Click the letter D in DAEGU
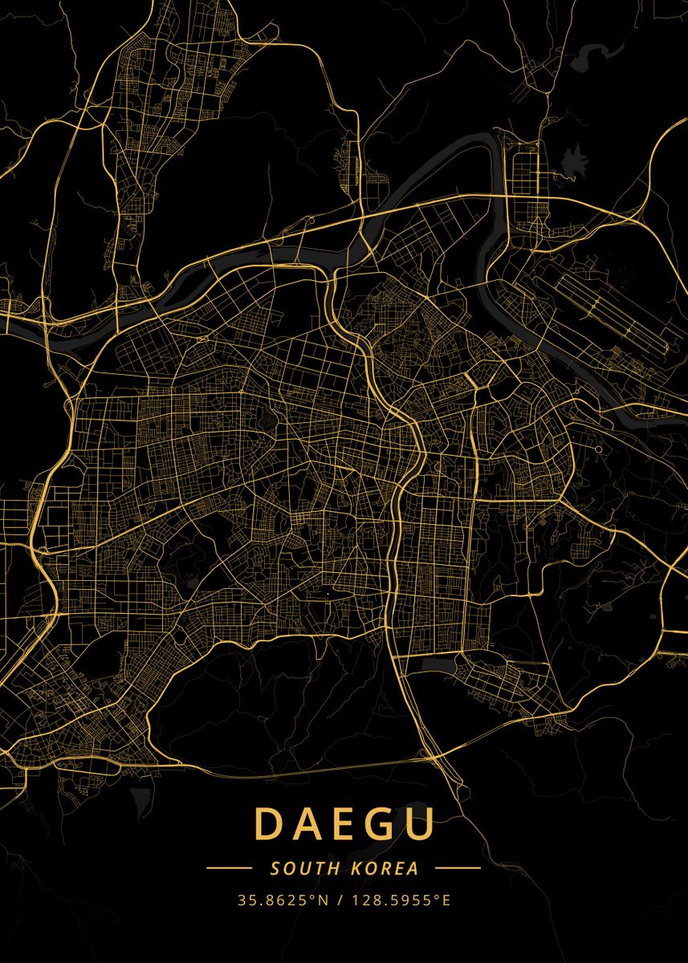click(269, 824)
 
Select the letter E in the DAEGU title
click(344, 824)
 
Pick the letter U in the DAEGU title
click(420, 824)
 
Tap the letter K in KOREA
click(356, 868)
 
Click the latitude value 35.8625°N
click(283, 900)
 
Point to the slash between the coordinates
click(340, 900)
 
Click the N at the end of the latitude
click(324, 900)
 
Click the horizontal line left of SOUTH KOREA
click(229, 868)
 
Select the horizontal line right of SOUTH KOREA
click(458, 868)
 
